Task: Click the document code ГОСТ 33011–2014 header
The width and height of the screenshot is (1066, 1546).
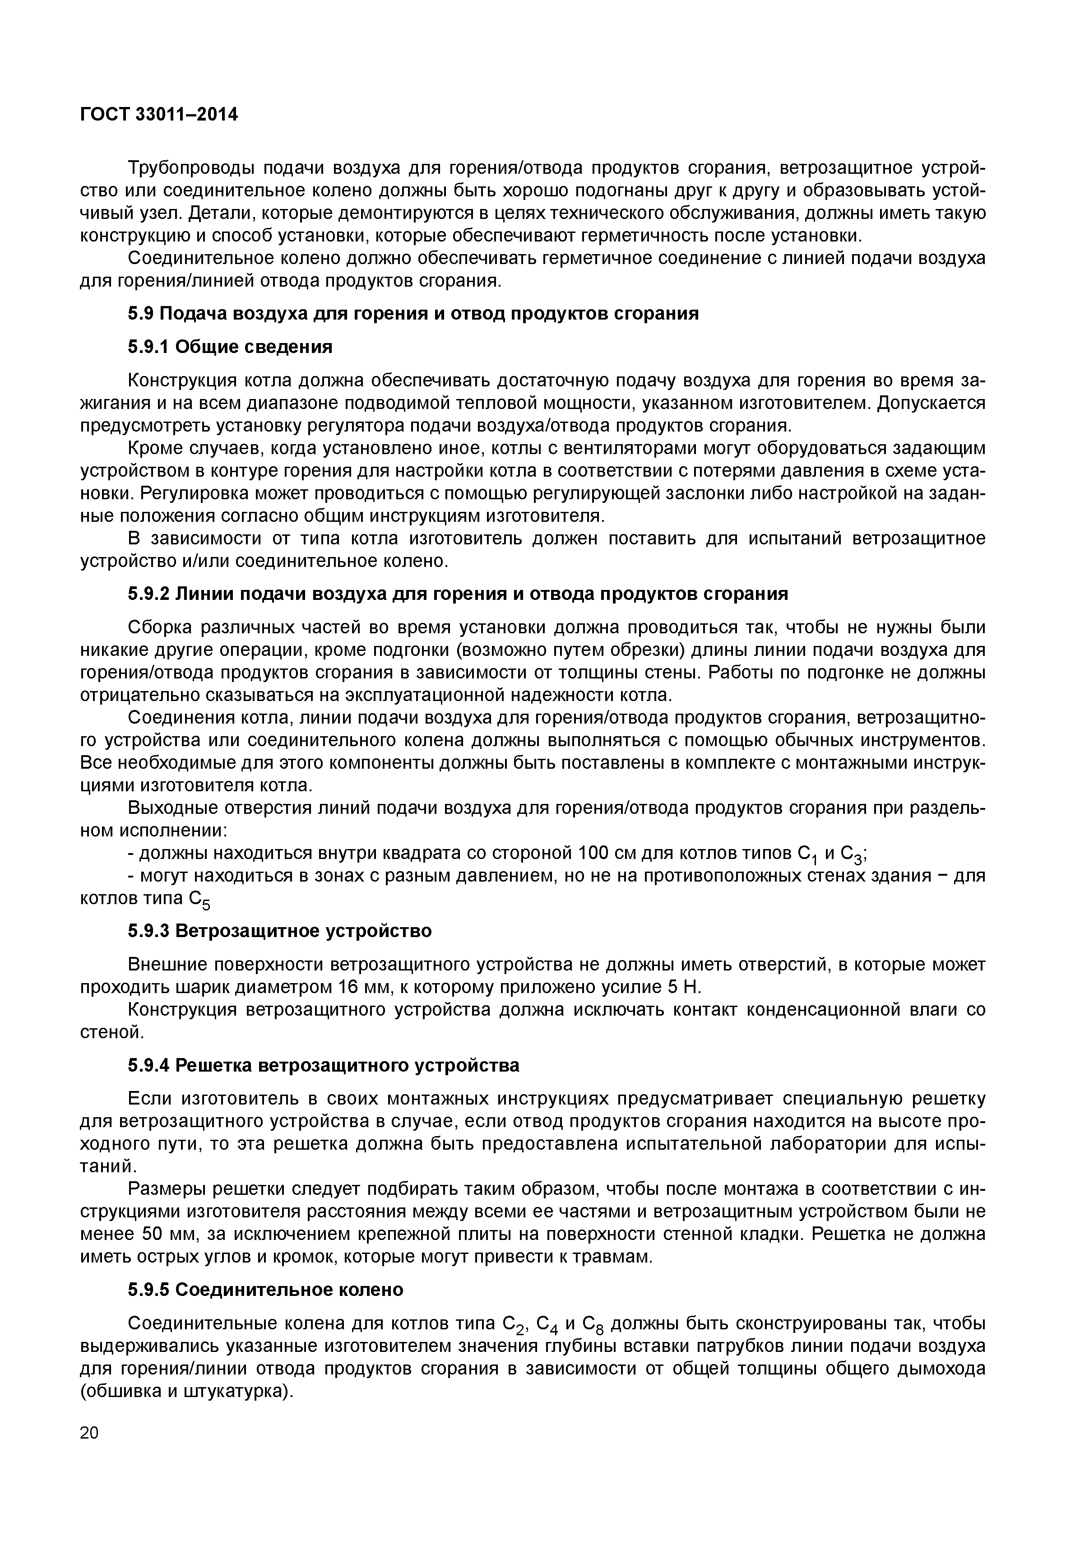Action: pos(159,115)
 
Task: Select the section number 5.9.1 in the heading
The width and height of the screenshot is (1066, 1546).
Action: pos(151,347)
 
